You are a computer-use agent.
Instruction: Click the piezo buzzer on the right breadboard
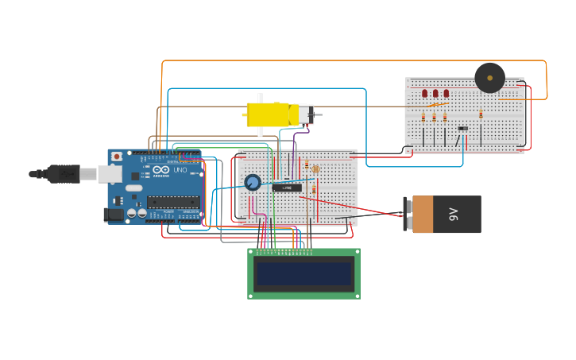coord(489,78)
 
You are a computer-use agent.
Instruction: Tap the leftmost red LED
coord(424,94)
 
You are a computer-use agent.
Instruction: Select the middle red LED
coord(435,94)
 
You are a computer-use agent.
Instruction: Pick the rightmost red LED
coord(446,94)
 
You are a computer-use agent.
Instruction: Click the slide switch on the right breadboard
coord(463,128)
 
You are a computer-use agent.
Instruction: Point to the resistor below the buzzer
coord(481,114)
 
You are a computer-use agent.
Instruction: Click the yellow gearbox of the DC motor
coord(271,114)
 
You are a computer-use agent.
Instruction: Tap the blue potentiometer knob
coord(253,183)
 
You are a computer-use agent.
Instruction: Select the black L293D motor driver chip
coord(287,188)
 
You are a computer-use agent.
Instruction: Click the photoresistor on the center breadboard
coord(315,168)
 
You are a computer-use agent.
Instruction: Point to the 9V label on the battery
coord(454,214)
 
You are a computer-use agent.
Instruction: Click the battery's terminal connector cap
coord(408,215)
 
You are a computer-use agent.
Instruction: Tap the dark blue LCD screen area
coord(303,274)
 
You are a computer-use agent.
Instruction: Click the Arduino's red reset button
coord(118,157)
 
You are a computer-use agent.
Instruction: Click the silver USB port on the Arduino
coord(110,174)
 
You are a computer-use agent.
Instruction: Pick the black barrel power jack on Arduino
coord(114,214)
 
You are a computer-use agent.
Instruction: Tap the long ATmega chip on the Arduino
coord(172,202)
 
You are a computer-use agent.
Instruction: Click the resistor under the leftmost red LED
coord(423,117)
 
